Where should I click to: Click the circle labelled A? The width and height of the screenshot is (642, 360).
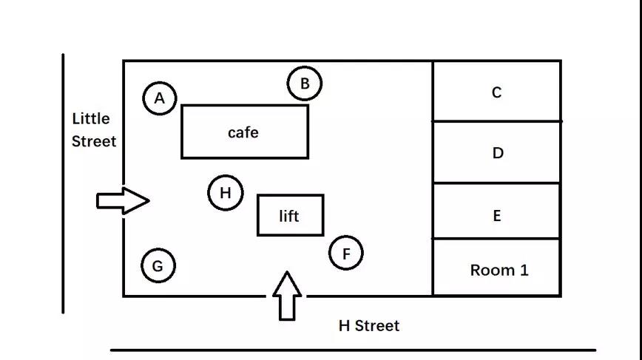pos(160,98)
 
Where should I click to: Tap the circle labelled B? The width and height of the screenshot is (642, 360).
pos(305,84)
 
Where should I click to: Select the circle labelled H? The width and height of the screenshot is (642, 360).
pos(226,194)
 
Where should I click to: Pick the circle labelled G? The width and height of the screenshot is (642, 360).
pos(158,266)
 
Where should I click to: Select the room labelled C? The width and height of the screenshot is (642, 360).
pos(496,92)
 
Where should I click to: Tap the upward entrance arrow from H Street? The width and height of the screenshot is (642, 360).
pos(287,296)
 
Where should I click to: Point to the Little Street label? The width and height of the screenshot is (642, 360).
pos(93,129)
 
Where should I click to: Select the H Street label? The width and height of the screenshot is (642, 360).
pos(368,325)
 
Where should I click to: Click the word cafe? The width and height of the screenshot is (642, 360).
pos(243,132)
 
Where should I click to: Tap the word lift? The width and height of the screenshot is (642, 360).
pos(289,216)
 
